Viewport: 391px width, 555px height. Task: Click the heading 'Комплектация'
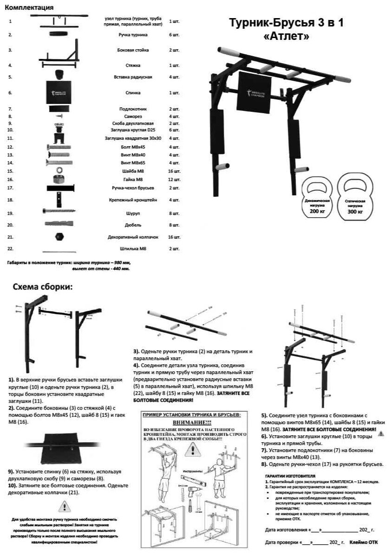tap(30, 8)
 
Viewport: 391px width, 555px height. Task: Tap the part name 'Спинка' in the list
tap(132, 93)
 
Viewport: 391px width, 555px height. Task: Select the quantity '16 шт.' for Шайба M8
tap(174, 171)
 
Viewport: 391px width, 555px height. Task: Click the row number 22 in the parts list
tap(10, 249)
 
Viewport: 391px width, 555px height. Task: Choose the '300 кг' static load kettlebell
tap(354, 198)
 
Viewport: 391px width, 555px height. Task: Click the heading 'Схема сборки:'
tap(43, 287)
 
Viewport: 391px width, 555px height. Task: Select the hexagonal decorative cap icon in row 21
tap(59, 236)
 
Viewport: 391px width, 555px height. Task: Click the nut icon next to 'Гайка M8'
tap(59, 179)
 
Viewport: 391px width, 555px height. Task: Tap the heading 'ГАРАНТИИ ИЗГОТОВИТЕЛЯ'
tap(290, 476)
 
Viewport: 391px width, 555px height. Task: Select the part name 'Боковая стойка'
tap(132, 50)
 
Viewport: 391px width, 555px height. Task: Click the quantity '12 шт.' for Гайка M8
tap(174, 180)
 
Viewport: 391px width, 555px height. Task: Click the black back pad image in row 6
tap(59, 93)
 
